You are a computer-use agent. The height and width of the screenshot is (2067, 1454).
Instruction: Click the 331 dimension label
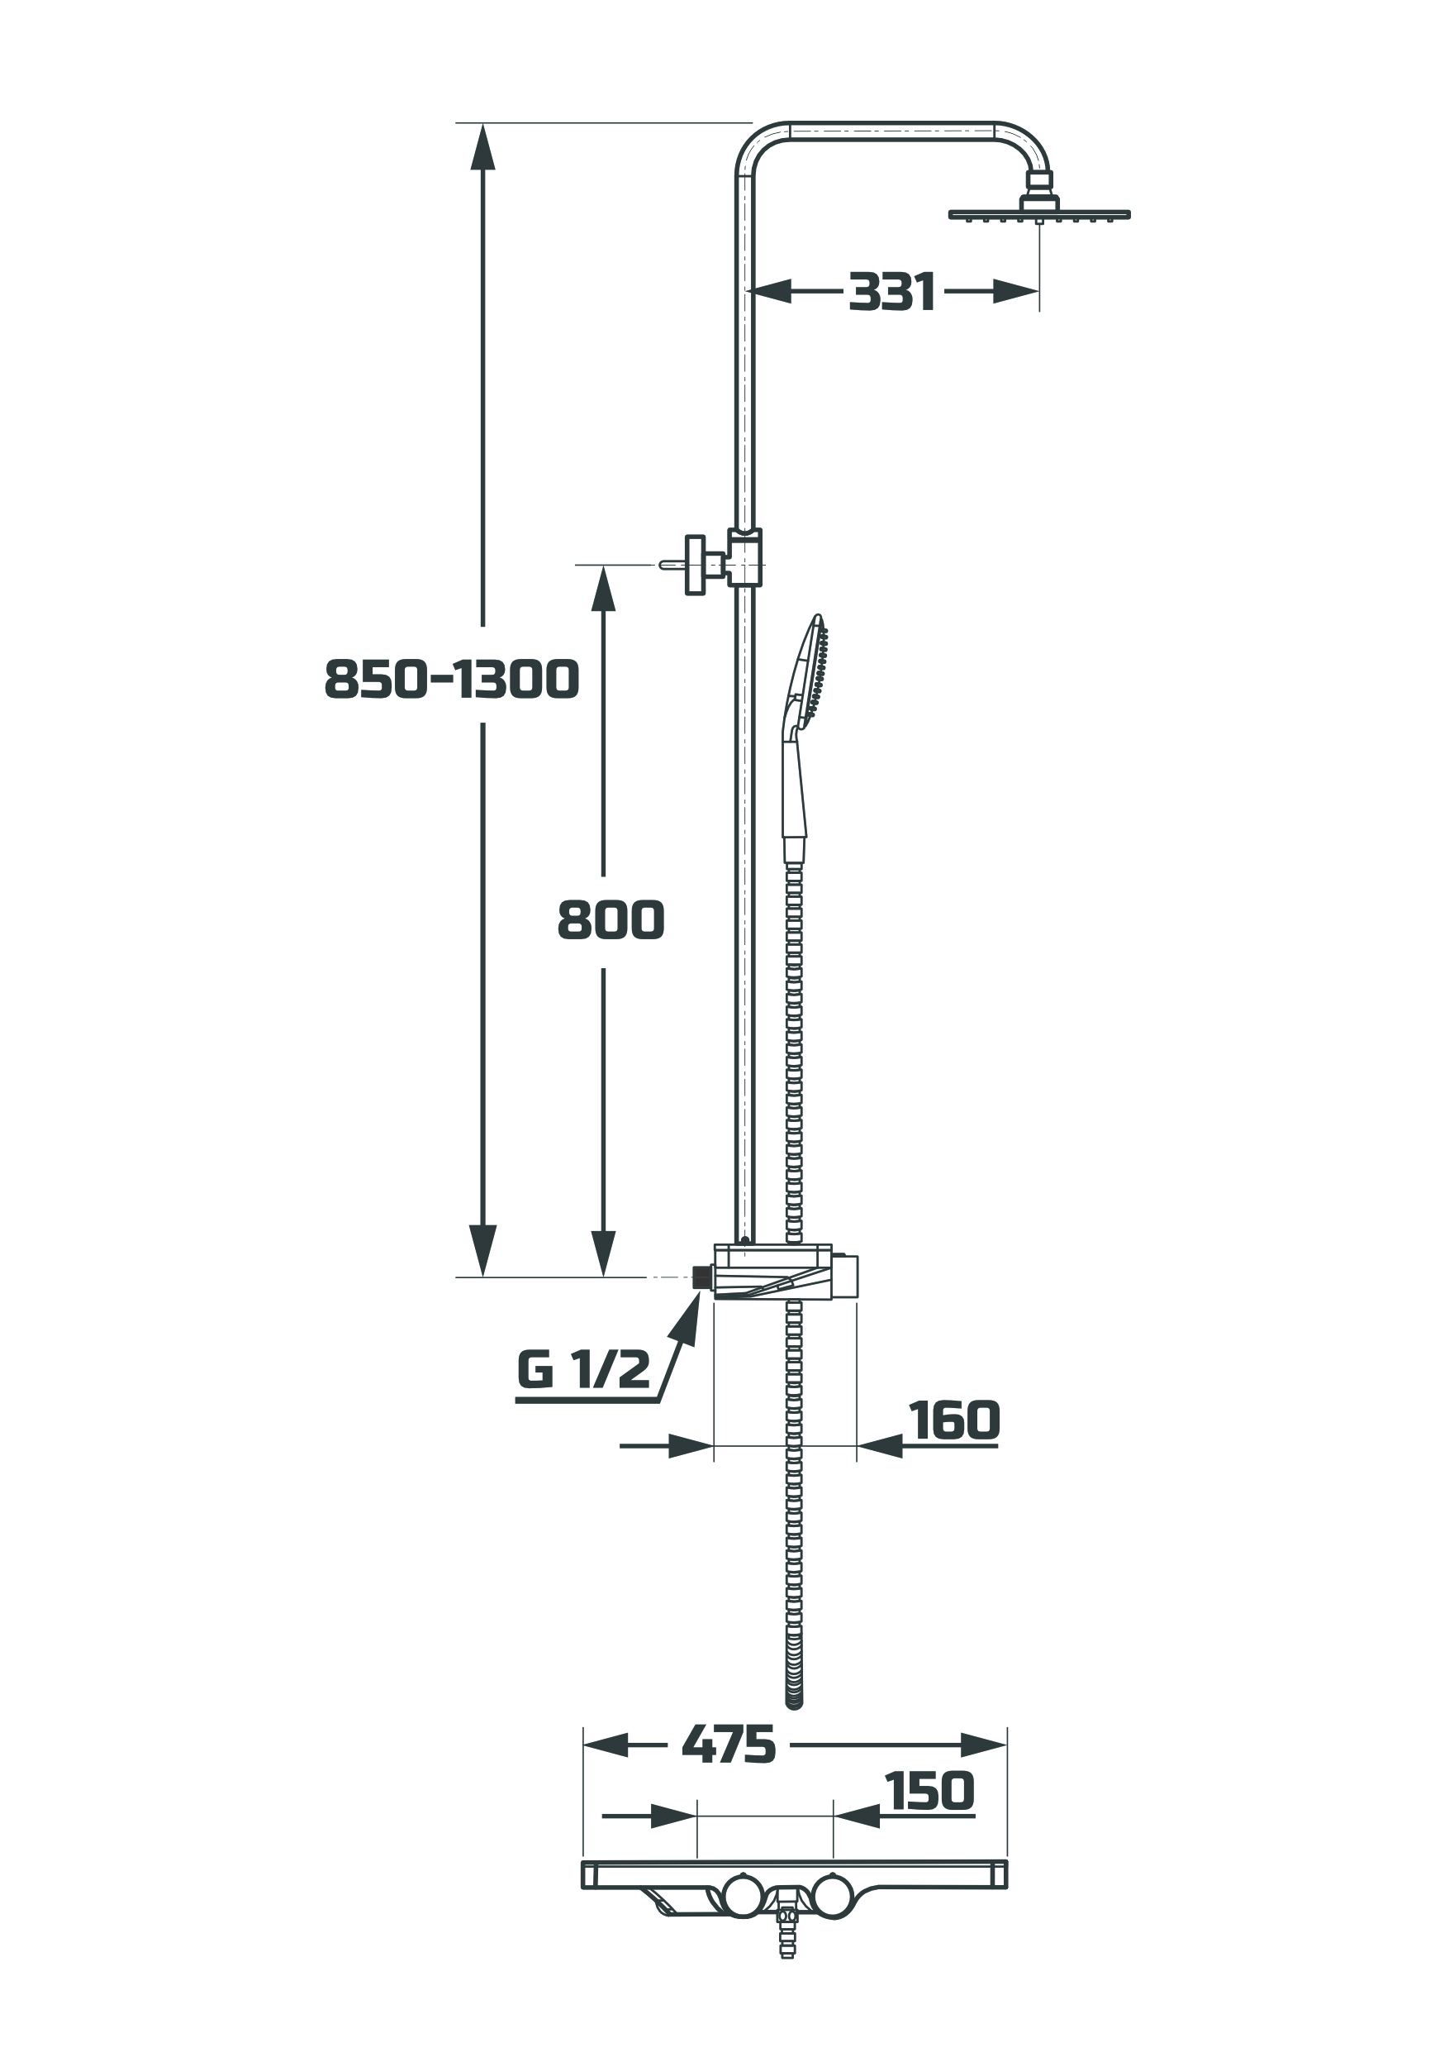891,293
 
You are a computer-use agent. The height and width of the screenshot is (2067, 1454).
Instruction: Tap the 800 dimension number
611,920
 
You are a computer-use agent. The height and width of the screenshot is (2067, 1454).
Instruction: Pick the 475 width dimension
729,1669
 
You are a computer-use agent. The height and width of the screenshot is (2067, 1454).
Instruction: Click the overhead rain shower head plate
1039,215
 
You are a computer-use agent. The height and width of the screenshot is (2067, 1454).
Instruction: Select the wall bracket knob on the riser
695,565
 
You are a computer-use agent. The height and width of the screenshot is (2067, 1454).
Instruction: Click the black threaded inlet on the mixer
703,1277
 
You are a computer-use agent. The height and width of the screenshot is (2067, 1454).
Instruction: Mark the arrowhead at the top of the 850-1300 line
483,145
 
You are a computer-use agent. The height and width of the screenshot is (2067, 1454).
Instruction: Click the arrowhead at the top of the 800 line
603,588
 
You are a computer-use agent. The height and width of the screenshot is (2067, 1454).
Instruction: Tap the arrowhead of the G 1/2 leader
689,1317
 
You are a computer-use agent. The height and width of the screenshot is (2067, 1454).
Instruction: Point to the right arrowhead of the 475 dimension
983,1670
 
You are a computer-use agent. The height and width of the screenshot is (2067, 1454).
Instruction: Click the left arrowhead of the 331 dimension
770,291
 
